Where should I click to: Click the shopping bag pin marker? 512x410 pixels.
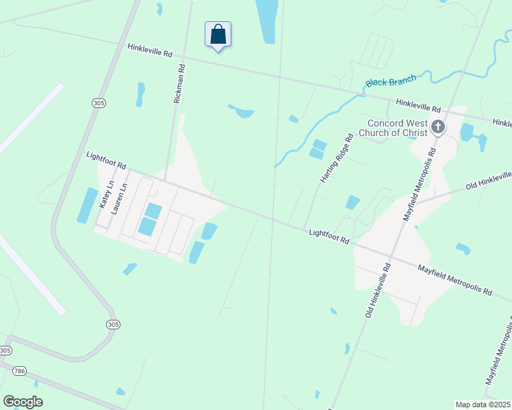pyautogui.click(x=218, y=34)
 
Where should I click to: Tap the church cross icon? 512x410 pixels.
pyautogui.click(x=438, y=126)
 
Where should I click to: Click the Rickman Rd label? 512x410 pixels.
pyautogui.click(x=179, y=83)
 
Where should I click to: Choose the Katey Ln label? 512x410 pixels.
pyautogui.click(x=105, y=195)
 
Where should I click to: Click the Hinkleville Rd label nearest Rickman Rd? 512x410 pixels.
pyautogui.click(x=149, y=51)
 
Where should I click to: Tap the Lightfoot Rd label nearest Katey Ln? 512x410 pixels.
pyautogui.click(x=107, y=161)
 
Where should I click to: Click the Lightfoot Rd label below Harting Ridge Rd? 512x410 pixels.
pyautogui.click(x=329, y=237)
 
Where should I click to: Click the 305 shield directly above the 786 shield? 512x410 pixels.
pyautogui.click(x=5, y=351)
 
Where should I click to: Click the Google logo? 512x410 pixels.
pyautogui.click(x=23, y=401)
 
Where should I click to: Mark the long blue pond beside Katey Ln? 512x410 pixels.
pyautogui.click(x=87, y=205)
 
